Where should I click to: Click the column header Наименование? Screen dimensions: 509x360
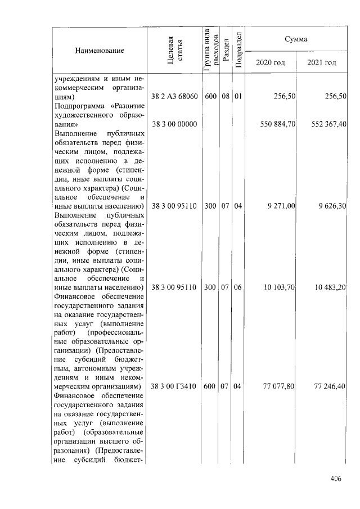tap(100, 51)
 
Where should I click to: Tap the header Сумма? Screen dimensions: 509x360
tap(296, 39)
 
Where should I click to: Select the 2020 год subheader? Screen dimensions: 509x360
tap(271, 62)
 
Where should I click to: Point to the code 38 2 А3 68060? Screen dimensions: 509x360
tap(174, 97)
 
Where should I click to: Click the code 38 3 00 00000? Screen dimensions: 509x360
tap(174, 124)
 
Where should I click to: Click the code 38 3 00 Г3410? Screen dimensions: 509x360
tap(174, 387)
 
